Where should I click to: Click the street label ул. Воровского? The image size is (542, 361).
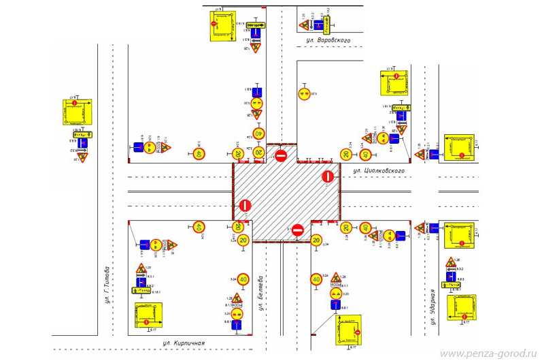coord(328,41)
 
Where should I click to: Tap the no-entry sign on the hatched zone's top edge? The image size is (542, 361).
coord(282,156)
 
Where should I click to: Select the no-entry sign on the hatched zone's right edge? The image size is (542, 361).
coord(327,177)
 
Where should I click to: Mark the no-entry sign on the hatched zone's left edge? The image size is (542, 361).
coord(245,205)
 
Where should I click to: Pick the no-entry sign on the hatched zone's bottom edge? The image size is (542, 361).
coord(297,230)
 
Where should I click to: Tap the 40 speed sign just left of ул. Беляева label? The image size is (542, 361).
coord(243,278)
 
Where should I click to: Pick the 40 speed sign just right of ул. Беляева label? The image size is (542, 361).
coord(316,279)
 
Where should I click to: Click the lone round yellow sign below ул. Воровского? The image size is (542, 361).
coord(305,93)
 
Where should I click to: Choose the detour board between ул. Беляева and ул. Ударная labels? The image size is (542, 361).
coord(348,330)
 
